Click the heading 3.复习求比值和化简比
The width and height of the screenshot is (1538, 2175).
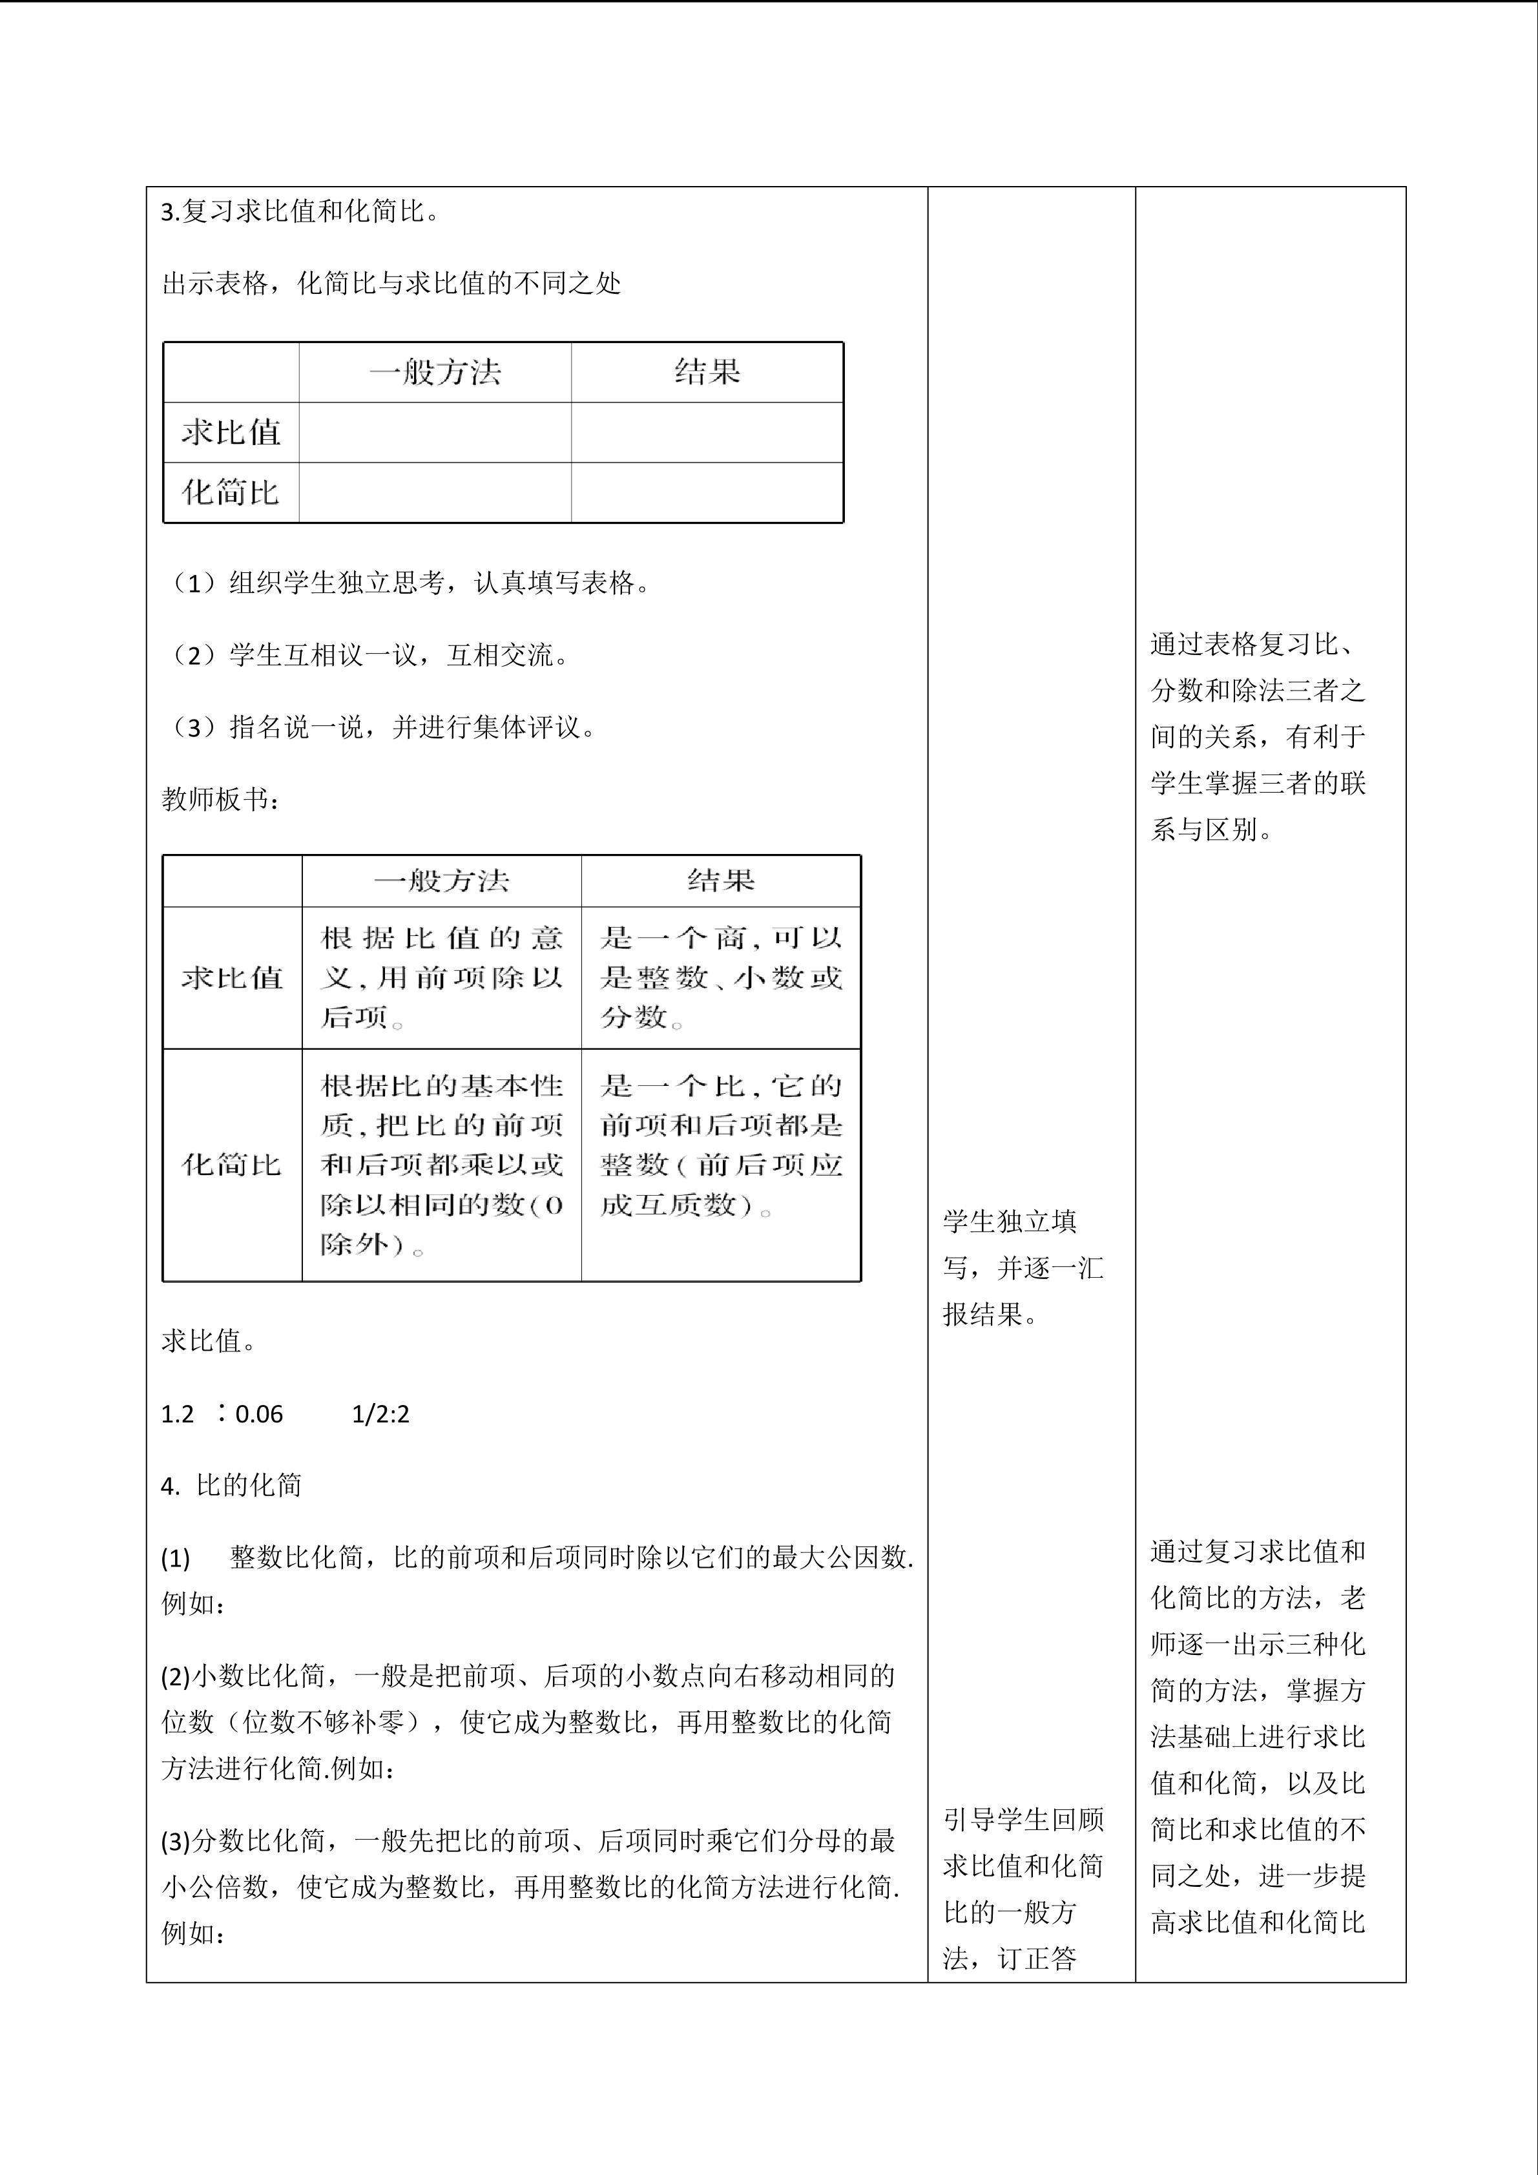[300, 211]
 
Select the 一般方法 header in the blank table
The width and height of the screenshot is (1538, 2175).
[435, 372]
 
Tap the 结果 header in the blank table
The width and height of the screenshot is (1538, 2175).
[707, 372]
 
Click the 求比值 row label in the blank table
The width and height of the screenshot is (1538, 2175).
[231, 433]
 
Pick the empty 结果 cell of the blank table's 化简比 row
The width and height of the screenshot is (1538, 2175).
[707, 493]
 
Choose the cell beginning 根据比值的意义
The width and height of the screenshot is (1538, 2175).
[441, 977]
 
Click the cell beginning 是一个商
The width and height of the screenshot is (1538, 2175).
[721, 977]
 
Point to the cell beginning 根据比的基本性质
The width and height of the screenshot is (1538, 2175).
[441, 1163]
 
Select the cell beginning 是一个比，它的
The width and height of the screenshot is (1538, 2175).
[721, 1144]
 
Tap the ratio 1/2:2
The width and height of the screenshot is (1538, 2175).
[380, 1414]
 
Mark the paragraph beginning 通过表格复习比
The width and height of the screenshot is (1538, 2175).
[1258, 737]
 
